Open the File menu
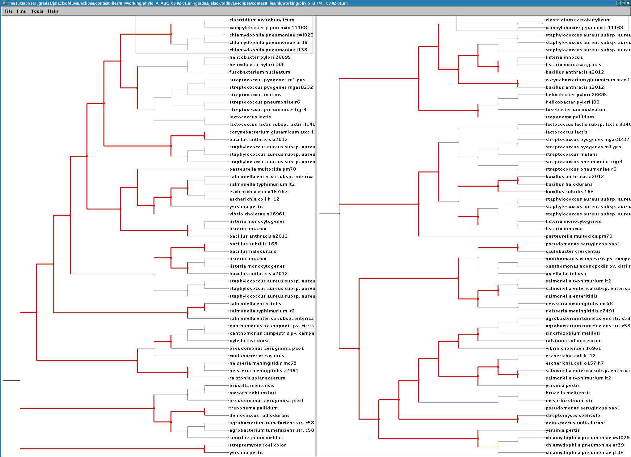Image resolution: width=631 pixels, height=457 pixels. (x=9, y=11)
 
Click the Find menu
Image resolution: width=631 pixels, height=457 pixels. (x=22, y=11)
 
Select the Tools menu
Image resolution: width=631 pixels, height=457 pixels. (x=37, y=11)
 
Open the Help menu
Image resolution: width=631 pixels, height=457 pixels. (x=53, y=11)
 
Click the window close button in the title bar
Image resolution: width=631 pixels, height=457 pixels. (x=628, y=3)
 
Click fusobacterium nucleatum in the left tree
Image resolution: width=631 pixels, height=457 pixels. (x=260, y=72)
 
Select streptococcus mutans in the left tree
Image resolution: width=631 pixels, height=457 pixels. (x=255, y=95)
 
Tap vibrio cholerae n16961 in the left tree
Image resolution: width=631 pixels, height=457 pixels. (x=257, y=214)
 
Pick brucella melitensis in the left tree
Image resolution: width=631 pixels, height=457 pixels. (x=252, y=385)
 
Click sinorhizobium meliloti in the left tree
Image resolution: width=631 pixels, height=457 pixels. (x=256, y=438)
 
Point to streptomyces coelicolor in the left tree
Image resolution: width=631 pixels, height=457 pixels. (x=258, y=445)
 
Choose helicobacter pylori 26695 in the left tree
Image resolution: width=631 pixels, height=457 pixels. (x=260, y=57)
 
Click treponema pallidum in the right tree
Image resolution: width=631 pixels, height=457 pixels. (x=570, y=117)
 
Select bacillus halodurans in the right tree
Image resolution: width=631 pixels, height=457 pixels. (x=569, y=184)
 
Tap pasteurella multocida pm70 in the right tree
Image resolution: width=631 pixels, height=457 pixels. (x=579, y=236)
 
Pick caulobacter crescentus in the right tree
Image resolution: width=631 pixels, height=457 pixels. (x=573, y=251)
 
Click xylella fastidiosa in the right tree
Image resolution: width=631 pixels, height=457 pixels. (x=566, y=274)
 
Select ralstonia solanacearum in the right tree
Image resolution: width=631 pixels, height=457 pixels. (x=574, y=341)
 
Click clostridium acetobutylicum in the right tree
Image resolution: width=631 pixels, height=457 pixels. (x=578, y=20)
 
